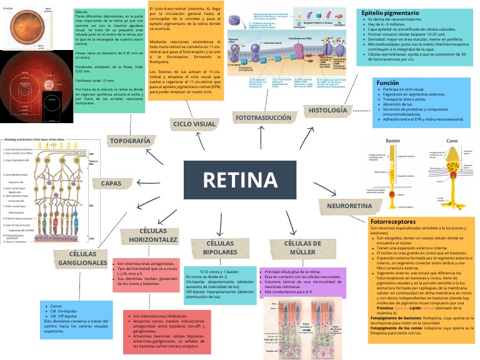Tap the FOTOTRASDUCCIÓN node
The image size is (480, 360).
tap(262, 117)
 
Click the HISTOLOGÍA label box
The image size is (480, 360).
tap(327, 111)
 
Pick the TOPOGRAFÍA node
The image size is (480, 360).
tap(130, 141)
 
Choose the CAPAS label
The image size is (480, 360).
tap(111, 183)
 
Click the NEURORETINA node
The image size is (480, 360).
tap(345, 206)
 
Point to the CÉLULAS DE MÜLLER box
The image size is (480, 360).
tap(307, 247)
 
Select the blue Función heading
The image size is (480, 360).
tap(388, 82)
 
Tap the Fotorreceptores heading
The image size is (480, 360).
tap(392, 222)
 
